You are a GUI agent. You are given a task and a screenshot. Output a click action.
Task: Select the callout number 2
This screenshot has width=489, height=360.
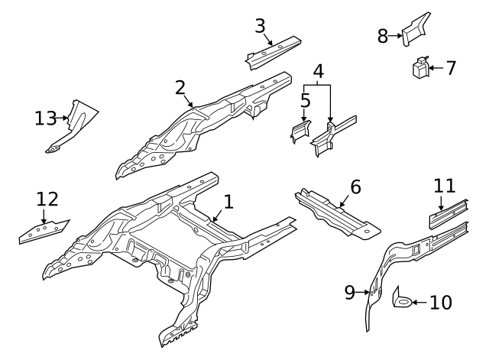[x=180, y=87]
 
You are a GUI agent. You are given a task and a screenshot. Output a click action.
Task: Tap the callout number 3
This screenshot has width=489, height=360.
[x=260, y=25]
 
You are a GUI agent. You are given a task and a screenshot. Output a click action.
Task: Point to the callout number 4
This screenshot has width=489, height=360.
[x=318, y=72]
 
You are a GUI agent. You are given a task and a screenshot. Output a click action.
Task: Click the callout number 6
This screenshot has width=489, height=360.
[x=355, y=186]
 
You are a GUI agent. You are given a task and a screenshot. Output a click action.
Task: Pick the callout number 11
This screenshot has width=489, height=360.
[x=444, y=185]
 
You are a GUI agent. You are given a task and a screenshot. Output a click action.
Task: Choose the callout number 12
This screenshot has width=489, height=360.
[x=47, y=199]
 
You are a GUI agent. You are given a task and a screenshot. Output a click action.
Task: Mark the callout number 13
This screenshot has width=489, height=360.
[x=46, y=118]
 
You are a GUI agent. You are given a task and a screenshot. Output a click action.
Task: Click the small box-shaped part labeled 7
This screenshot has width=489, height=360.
[x=419, y=69]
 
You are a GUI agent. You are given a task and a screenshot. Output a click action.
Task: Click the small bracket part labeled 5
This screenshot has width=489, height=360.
[x=299, y=131]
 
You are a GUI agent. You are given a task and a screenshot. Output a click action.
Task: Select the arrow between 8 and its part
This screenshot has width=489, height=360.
[x=397, y=36]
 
